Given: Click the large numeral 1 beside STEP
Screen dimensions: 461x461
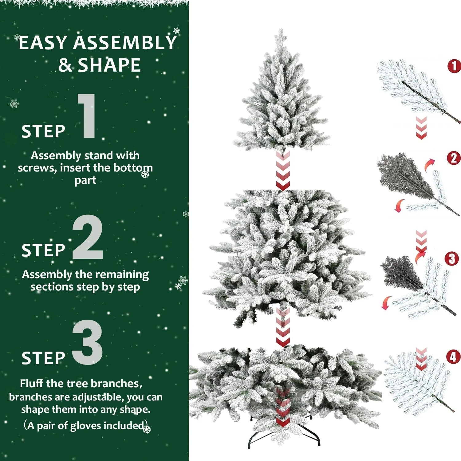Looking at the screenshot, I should (x=87, y=116).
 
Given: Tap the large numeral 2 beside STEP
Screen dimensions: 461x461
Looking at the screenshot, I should (x=88, y=238).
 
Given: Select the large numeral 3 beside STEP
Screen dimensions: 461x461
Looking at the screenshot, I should (x=88, y=342).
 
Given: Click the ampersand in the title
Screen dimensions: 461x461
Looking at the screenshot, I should (x=65, y=65).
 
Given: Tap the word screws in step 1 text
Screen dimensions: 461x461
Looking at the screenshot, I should (x=37, y=168).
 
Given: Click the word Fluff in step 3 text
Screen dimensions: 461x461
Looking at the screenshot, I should (x=32, y=384).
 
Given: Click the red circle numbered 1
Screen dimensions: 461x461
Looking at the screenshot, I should (x=454, y=66).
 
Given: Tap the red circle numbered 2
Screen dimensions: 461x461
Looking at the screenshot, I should (x=453, y=158).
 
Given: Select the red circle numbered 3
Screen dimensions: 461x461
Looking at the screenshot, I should (x=451, y=259).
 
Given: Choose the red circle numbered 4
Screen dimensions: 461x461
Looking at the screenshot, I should (x=453, y=357).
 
